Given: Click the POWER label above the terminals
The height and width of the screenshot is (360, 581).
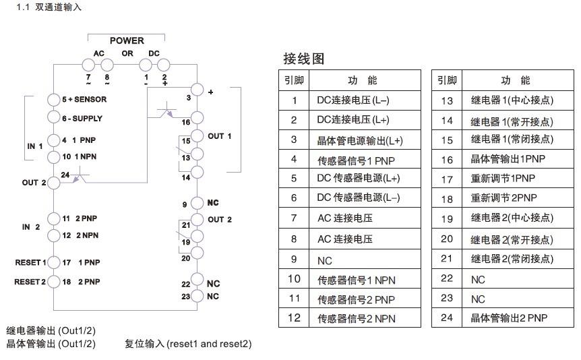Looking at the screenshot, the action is point(127,40).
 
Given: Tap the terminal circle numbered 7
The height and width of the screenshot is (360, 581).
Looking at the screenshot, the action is point(88,65).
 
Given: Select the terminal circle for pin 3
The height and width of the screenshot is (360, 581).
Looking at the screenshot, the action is point(197,90).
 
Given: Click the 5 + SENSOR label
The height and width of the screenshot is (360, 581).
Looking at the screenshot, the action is point(84,99).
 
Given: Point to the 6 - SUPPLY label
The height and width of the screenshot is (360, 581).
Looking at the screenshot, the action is point(82,119).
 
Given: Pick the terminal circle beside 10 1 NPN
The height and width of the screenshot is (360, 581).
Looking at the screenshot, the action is point(54,157).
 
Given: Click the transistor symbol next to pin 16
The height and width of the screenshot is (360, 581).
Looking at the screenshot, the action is point(166,111).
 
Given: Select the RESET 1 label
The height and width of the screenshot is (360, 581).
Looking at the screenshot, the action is point(30,262).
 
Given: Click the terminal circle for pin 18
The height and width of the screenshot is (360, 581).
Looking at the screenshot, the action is point(54,282).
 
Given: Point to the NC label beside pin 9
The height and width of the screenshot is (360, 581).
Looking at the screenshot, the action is point(213,203).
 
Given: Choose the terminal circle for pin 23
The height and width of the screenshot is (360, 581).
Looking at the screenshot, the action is point(197,296).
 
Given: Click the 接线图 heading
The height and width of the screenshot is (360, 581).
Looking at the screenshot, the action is point(304,59).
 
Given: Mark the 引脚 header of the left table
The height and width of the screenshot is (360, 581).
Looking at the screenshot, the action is point(294,80).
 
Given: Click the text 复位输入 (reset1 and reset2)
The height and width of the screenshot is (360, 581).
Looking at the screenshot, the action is point(188,344).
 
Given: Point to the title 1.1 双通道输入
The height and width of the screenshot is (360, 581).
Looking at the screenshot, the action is point(49,7).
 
